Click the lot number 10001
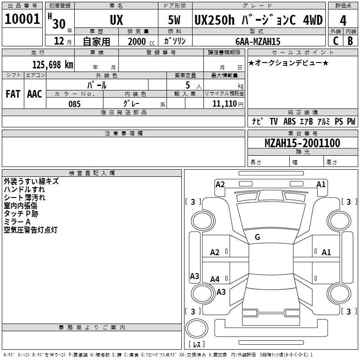(x=22, y=19)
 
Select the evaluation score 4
(x=343, y=21)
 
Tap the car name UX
(x=116, y=20)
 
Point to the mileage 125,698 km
(x=53, y=65)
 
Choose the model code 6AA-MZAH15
(x=258, y=41)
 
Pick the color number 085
(x=74, y=104)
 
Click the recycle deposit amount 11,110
(x=224, y=104)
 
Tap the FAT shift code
(x=13, y=94)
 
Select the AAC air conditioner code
(x=35, y=94)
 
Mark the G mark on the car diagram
(x=257, y=237)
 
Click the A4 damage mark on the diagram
(x=215, y=279)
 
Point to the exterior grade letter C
(x=336, y=41)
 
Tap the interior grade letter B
(x=350, y=41)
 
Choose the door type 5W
(x=175, y=20)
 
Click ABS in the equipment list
(x=290, y=121)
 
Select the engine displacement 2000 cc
(x=139, y=41)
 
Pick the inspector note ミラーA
(x=17, y=222)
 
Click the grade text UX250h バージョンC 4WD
(x=258, y=20)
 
